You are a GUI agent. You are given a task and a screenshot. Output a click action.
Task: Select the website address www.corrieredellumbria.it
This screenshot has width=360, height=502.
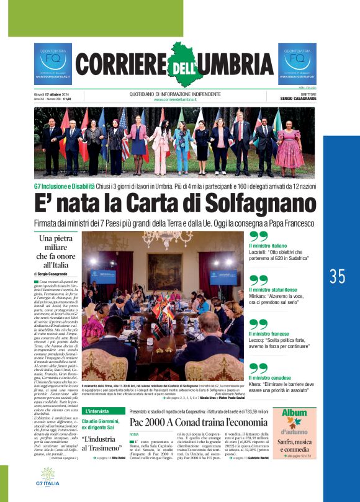pyautogui.click(x=176, y=99)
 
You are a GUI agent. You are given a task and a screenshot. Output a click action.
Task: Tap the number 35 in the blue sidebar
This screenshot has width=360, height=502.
pyautogui.click(x=338, y=276)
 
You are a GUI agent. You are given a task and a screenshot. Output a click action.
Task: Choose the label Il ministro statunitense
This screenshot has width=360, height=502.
pyautogui.click(x=277, y=290)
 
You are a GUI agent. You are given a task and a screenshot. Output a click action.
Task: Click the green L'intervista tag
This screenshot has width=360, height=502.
pyautogui.click(x=99, y=411)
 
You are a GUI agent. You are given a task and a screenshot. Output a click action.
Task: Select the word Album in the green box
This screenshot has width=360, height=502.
pyautogui.click(x=294, y=413)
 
